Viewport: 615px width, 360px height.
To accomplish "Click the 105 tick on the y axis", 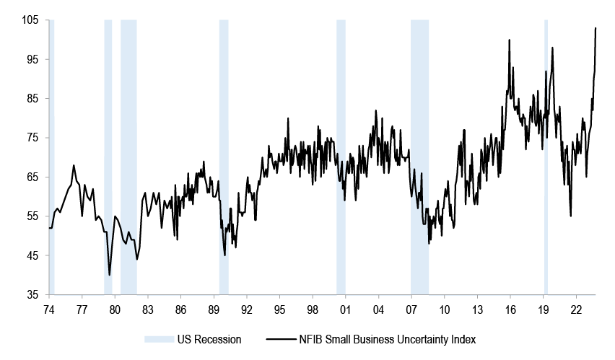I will [x=30, y=20].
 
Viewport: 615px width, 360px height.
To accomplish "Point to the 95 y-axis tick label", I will [x=32, y=59].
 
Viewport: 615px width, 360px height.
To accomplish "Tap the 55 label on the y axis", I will [x=32, y=216].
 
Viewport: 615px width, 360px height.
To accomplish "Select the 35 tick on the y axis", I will [x=32, y=295].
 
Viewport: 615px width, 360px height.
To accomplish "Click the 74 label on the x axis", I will [x=48, y=309].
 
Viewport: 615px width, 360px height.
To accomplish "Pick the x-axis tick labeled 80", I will [x=115, y=309].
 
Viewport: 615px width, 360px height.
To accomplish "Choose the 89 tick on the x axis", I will [x=214, y=309].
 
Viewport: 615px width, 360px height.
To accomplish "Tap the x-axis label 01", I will [x=346, y=309].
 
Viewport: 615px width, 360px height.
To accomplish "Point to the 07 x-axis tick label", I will [x=411, y=309].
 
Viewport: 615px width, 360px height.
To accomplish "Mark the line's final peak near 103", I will [x=596, y=28].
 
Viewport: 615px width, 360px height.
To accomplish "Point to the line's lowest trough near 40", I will [x=110, y=275].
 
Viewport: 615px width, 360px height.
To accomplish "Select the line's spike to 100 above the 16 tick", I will [x=510, y=40].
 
